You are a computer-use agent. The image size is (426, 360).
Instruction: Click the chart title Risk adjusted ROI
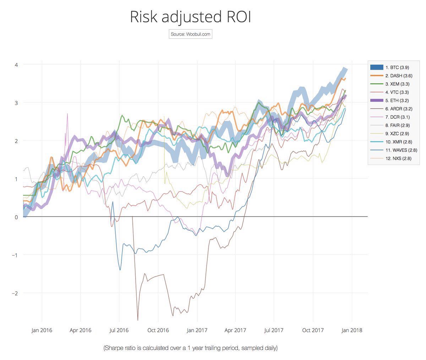click(190, 17)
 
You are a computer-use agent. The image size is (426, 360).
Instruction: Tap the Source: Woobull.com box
click(190, 34)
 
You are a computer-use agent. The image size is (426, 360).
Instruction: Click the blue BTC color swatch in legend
click(377, 67)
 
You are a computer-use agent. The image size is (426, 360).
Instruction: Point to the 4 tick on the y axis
click(16, 65)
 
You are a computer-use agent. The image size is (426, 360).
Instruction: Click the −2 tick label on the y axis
click(15, 293)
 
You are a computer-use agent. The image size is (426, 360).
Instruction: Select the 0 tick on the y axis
click(16, 217)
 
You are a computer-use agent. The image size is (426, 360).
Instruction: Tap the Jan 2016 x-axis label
click(42, 330)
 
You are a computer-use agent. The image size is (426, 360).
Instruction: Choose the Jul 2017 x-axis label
click(274, 330)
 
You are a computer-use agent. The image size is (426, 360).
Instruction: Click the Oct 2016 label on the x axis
click(158, 330)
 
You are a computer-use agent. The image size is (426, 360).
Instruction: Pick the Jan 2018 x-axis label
click(351, 330)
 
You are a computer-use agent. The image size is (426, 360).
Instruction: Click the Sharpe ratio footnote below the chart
click(190, 348)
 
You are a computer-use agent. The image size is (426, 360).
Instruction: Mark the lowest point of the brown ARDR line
click(138, 320)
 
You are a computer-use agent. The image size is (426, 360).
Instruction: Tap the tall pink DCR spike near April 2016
click(67, 114)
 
